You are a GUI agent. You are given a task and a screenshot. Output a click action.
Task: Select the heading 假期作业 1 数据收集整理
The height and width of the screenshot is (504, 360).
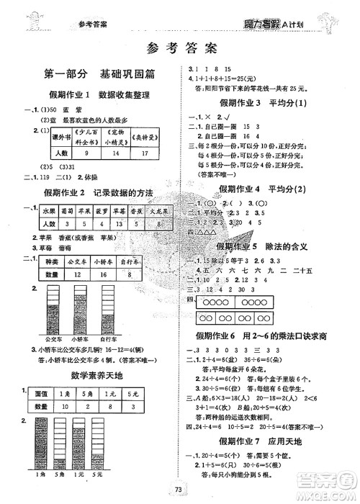(101, 95)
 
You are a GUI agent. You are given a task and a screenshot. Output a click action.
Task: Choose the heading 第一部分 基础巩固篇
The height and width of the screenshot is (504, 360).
(102, 73)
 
